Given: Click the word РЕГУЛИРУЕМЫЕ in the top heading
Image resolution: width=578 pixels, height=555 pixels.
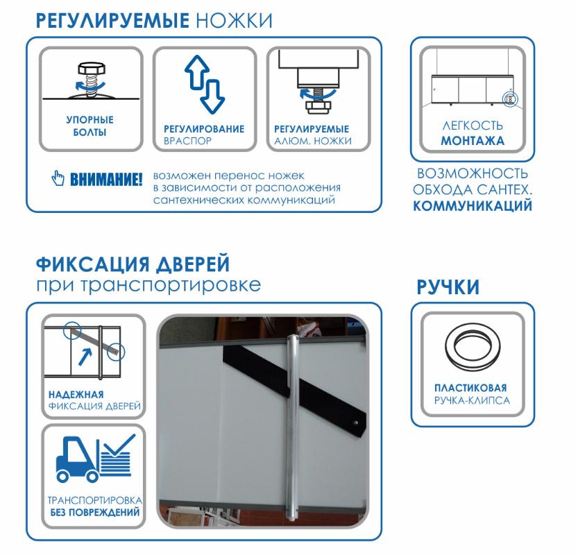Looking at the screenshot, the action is pos(112,21).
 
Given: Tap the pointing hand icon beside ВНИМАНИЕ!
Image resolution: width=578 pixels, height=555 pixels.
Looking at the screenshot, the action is pos(58,178).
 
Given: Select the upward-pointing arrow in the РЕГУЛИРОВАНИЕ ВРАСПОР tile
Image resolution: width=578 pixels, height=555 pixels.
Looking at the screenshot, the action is pos(197,72).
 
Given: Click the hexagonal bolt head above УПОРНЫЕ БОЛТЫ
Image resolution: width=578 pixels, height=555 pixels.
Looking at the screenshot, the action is pos(92,69).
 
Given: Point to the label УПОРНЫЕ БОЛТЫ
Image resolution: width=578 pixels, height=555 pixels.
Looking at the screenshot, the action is pos(90,126).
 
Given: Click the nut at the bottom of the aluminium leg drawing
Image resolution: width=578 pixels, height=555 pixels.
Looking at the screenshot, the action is pos(318,106).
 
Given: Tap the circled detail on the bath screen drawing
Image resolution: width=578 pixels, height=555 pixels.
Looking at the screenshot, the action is pos(510,99).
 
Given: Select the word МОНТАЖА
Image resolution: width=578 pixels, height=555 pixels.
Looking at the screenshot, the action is pos(473,141).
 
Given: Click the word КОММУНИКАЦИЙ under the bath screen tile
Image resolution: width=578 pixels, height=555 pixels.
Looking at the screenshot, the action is pos(473,205).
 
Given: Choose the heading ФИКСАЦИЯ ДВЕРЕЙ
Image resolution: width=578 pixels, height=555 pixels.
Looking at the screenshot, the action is pos(133,264).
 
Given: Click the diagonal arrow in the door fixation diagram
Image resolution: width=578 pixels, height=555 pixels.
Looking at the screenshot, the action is pos(85,357).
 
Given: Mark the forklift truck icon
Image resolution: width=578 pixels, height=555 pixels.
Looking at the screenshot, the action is pos(78,459).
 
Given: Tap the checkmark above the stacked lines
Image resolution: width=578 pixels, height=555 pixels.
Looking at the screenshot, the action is pos(119,445).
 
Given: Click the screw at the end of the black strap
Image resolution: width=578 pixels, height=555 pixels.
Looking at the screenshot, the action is pos(356,422).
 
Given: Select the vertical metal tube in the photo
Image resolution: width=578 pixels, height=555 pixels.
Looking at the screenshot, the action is pos(293,427).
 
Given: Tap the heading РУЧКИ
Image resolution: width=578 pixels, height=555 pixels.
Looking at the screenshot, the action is pos(448,287).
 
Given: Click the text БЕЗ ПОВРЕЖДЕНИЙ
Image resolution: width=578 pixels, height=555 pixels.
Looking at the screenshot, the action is pos(95,512).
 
